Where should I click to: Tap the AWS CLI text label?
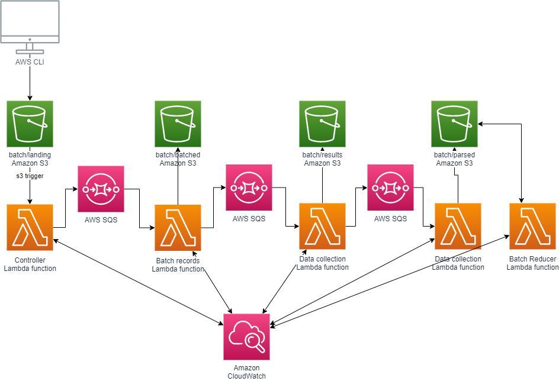point(30,62)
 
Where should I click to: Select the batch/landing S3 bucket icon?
point(30,124)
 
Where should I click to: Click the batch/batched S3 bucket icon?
point(178,124)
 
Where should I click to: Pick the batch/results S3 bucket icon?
point(322,124)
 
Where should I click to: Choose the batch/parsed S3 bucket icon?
point(454,124)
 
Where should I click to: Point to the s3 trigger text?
point(30,176)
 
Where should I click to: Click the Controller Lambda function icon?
point(30,227)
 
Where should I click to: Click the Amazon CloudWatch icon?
point(246,337)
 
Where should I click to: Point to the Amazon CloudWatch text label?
point(246,372)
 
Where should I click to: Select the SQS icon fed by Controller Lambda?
point(101,189)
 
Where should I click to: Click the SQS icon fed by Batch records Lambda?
point(249,188)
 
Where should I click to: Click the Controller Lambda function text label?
point(30,264)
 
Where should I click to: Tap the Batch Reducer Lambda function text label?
point(532,263)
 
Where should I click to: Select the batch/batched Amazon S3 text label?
point(178,159)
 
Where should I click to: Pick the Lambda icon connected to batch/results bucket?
point(322,226)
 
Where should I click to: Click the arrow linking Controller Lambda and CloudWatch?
point(136,282)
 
